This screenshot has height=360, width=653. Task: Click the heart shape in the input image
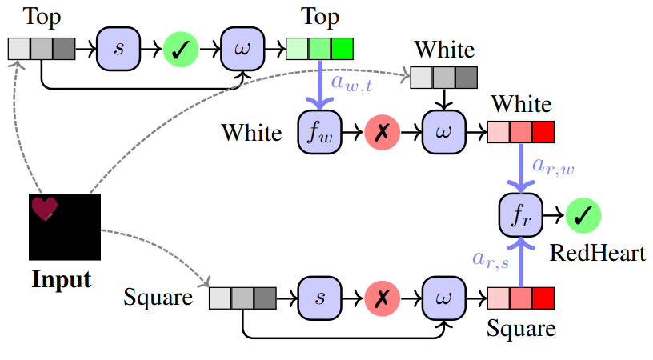point(45,208)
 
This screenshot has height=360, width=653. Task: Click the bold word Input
point(62,280)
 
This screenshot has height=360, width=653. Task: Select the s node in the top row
point(119,50)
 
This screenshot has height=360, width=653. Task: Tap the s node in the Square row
point(320,298)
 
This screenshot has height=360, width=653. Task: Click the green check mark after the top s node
point(181,50)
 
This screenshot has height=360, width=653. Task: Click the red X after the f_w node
point(382,131)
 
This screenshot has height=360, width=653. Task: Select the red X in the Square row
point(382,298)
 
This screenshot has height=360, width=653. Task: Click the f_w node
point(320,131)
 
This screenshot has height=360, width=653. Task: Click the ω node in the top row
point(242,50)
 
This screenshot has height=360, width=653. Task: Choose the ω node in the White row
point(443,131)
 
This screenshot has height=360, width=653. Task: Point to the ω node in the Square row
point(443,298)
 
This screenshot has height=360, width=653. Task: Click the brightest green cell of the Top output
point(342,50)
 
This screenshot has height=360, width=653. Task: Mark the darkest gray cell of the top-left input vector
point(64,50)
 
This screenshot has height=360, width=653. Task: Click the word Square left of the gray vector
point(158,298)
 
